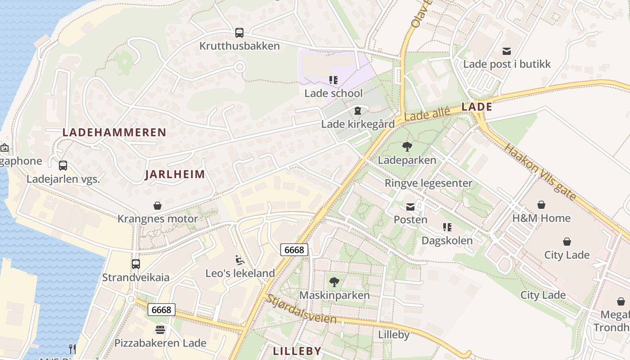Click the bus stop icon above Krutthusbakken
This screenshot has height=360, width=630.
(239, 33)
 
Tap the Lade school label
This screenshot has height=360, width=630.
(333, 93)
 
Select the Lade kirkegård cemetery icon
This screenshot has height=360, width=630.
(358, 110)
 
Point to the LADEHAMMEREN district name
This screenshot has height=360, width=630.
(114, 132)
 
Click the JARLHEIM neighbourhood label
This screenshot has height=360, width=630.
(175, 175)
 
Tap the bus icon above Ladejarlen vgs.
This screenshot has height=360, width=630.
(63, 165)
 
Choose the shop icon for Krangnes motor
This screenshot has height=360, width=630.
(157, 206)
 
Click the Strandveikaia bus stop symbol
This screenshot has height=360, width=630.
(136, 264)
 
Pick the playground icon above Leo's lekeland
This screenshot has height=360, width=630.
(240, 260)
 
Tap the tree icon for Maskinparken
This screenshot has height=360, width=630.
(334, 282)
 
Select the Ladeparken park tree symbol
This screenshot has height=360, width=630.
(407, 146)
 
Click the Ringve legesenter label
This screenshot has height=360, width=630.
(428, 183)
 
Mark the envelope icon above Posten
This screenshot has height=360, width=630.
(410, 207)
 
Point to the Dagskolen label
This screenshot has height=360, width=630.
(447, 240)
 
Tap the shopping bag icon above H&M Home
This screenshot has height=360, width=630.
(541, 205)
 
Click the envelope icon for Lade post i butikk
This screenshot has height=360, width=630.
(507, 51)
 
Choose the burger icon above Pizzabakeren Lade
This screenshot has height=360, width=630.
(160, 329)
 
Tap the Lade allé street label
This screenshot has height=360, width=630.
(427, 113)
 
